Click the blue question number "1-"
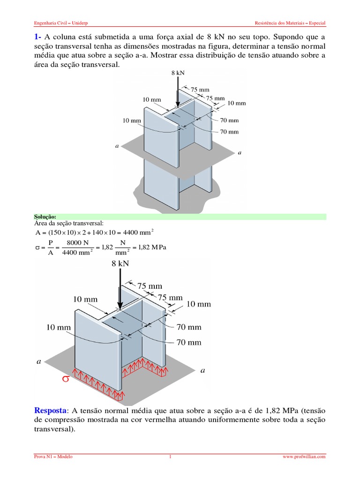coord(39,37)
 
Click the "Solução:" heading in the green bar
coord(45,217)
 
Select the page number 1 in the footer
coord(171,456)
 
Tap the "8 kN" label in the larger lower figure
coord(120,264)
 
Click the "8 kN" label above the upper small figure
coord(179,73)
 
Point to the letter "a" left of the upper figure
coord(117,146)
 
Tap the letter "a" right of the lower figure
coord(202,370)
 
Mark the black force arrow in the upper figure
coord(178,92)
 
